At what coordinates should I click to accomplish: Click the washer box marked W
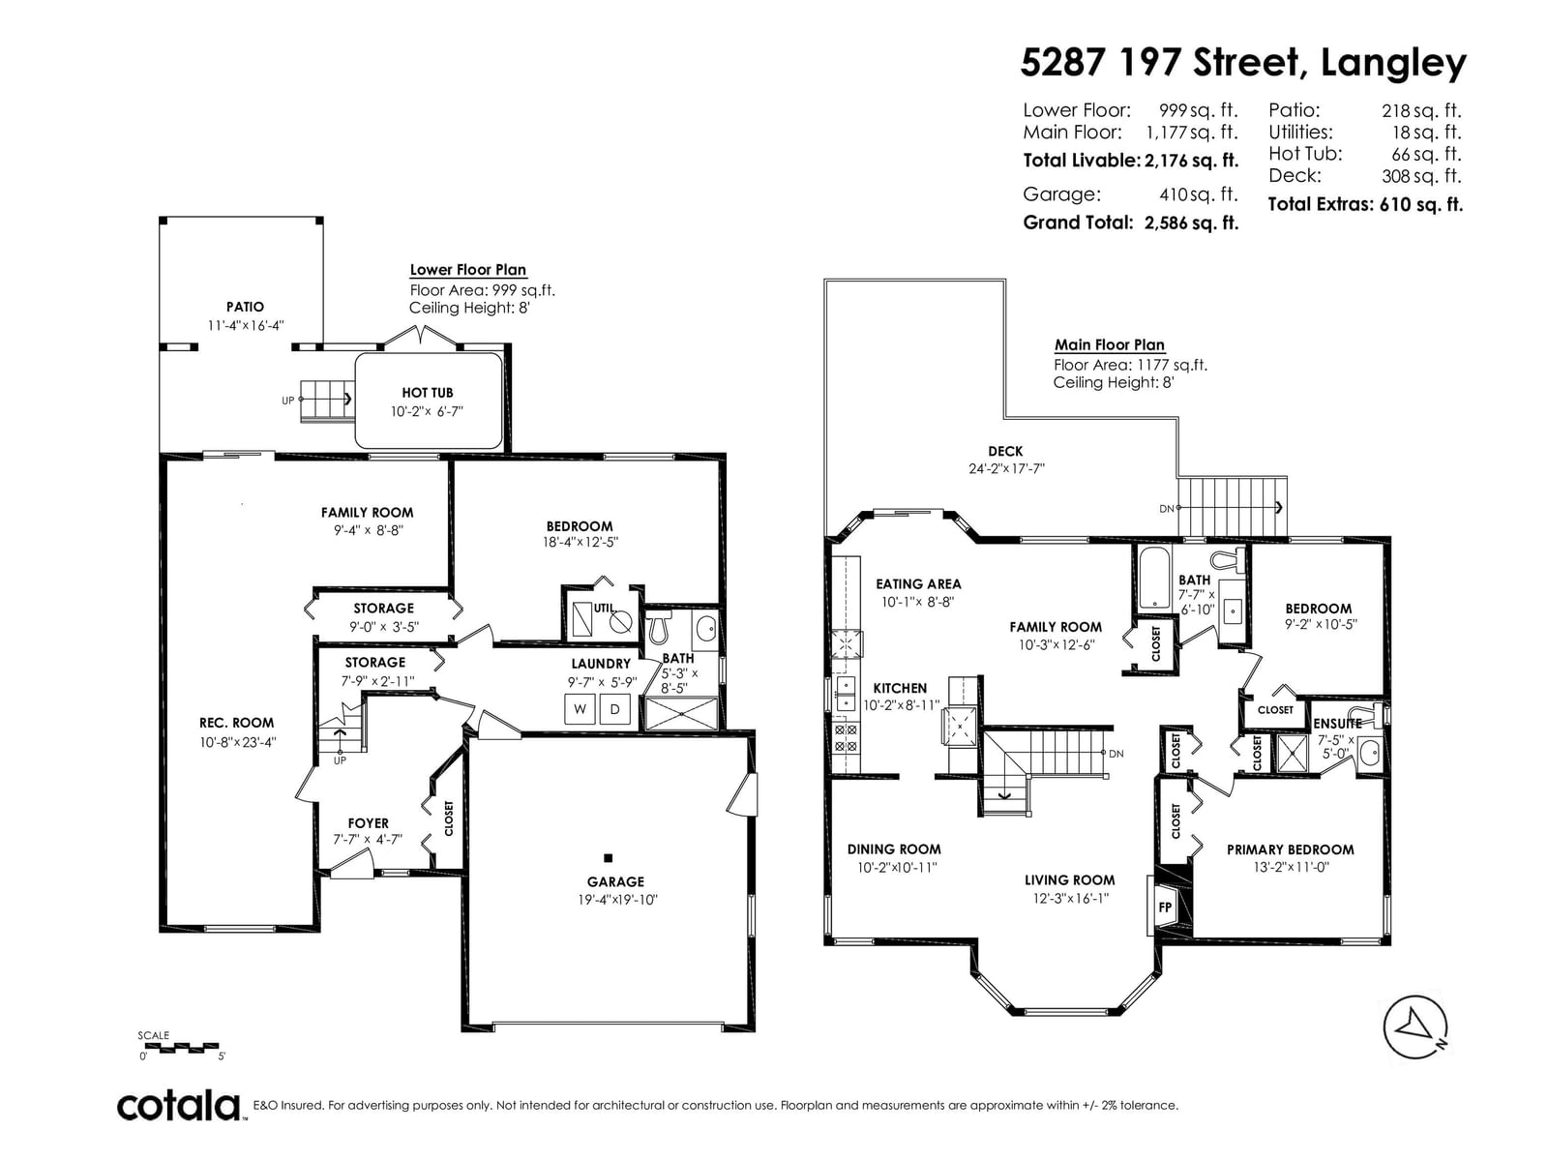580,709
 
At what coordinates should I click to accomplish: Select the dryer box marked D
615,709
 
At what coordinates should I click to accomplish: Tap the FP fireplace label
1164,908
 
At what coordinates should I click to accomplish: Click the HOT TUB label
428,393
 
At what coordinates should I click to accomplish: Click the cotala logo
179,1107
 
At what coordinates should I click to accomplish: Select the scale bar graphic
179,1047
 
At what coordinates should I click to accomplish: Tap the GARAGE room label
615,881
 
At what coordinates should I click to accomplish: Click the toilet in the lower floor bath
660,627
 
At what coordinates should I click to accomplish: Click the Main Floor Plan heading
1110,345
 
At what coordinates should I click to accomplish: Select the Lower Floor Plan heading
468,270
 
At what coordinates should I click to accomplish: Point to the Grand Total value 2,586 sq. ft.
1191,223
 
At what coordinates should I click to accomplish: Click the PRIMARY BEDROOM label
1290,849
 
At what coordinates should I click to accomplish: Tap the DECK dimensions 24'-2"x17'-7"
1006,469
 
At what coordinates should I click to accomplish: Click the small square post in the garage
608,858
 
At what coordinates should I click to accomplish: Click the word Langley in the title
1393,65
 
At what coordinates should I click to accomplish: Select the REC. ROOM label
236,723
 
